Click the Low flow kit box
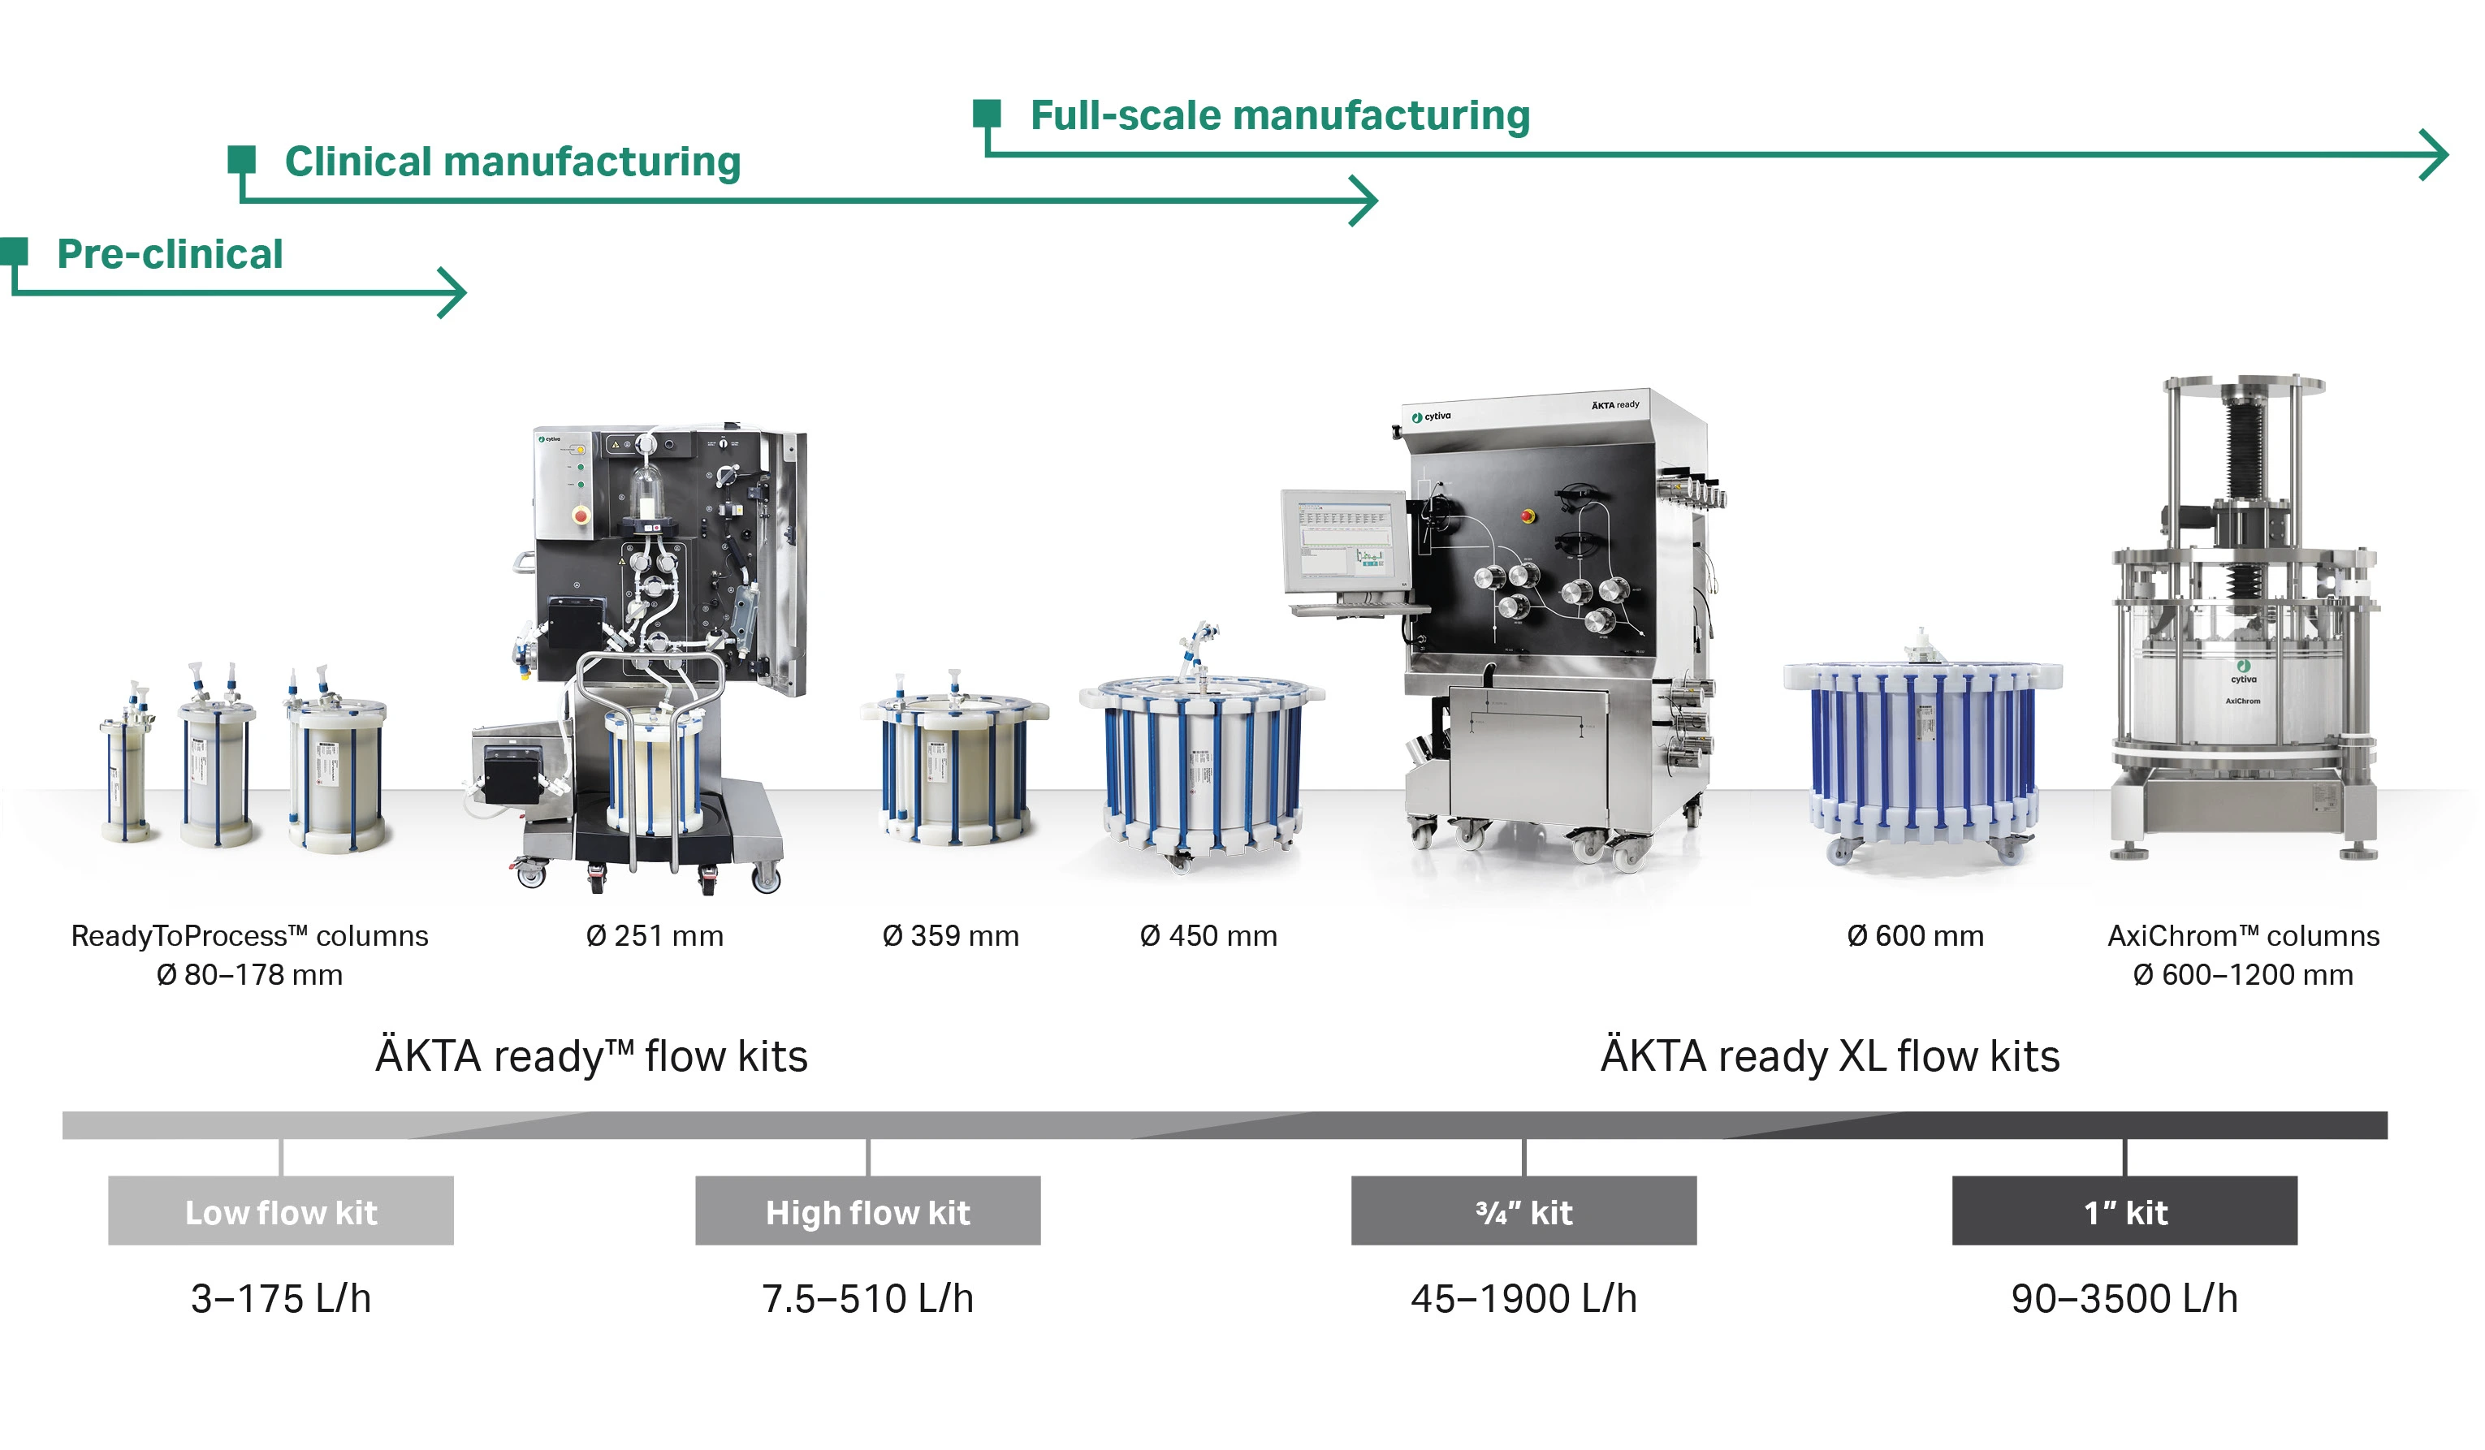(x=281, y=1210)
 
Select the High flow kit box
(x=868, y=1210)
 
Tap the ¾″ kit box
(x=1523, y=1210)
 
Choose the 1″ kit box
(x=2125, y=1210)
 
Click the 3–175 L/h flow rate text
(x=281, y=1298)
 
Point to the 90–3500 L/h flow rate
(x=2125, y=1298)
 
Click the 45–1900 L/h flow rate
(x=1523, y=1298)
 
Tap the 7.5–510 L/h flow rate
(x=868, y=1298)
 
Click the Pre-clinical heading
(x=170, y=254)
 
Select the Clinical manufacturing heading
(x=512, y=162)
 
